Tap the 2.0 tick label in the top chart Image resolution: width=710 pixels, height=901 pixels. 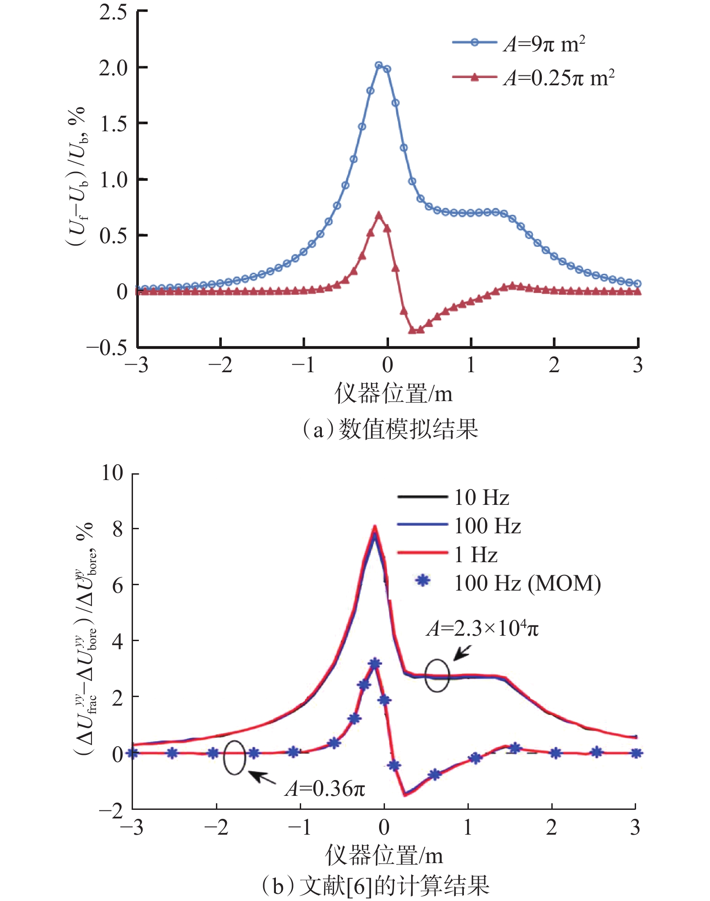click(114, 68)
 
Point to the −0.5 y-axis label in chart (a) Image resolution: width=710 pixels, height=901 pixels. click(107, 347)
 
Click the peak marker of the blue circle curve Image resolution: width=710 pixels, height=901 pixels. click(379, 65)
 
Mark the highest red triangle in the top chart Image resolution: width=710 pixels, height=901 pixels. click(379, 215)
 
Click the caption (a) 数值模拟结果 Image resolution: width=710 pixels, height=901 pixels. click(390, 429)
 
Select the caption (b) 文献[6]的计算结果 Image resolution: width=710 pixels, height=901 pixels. click(376, 885)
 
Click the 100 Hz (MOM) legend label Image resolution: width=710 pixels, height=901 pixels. click(527, 583)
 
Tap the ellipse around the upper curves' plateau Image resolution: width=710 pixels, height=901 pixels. click(437, 675)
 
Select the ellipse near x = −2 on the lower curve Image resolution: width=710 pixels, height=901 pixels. click(234, 758)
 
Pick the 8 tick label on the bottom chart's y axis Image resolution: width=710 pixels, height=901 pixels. click(118, 529)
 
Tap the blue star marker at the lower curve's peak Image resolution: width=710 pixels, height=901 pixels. click(375, 663)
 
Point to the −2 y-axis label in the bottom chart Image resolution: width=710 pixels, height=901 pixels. click(111, 811)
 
